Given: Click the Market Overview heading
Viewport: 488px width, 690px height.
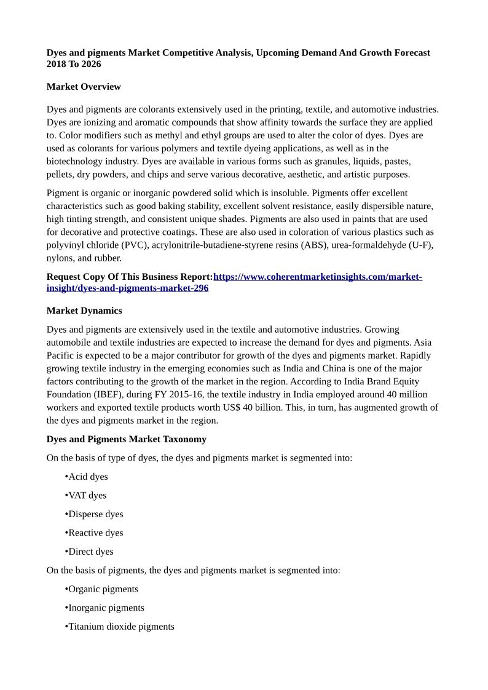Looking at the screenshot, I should [x=84, y=87].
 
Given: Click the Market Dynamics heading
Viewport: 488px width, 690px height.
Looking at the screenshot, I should [x=84, y=311].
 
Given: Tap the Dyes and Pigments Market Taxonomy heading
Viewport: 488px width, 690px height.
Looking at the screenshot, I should [x=127, y=439].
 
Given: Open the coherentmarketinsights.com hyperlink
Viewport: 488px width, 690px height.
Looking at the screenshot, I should [x=317, y=277].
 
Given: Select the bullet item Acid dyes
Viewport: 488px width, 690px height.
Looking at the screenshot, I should [x=88, y=477].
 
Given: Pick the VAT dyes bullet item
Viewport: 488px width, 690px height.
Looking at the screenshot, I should [x=87, y=495].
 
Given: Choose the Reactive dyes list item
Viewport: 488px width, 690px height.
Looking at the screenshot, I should [x=95, y=533].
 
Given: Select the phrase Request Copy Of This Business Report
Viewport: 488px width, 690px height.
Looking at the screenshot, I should [x=129, y=277].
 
